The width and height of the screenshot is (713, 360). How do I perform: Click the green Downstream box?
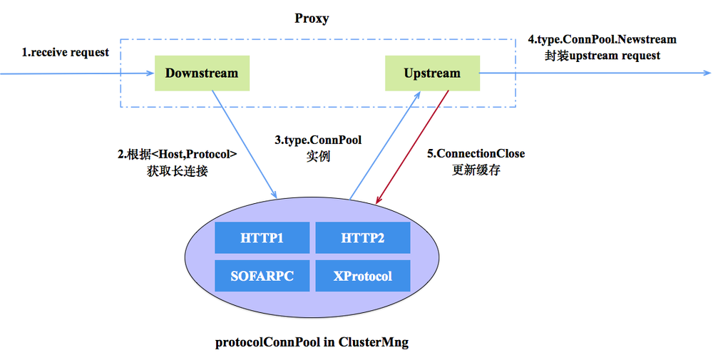click(x=202, y=73)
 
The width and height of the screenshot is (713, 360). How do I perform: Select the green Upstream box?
click(x=432, y=73)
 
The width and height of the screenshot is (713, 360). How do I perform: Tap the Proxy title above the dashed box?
click(x=311, y=19)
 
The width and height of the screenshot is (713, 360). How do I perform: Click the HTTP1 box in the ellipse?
click(x=262, y=237)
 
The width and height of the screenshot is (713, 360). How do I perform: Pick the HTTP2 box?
click(x=362, y=237)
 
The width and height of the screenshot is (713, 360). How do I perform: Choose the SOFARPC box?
click(x=262, y=276)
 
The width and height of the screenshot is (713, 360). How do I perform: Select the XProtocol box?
click(x=362, y=276)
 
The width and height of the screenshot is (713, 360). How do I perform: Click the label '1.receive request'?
click(x=65, y=52)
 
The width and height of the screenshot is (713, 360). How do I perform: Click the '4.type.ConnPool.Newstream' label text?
click(x=602, y=39)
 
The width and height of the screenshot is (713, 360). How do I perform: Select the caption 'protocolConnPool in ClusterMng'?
click(x=312, y=342)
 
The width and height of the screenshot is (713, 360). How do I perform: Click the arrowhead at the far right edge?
click(x=707, y=73)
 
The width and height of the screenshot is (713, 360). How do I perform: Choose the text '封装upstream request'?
click(x=602, y=56)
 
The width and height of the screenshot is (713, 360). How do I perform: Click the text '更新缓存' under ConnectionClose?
click(x=476, y=170)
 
